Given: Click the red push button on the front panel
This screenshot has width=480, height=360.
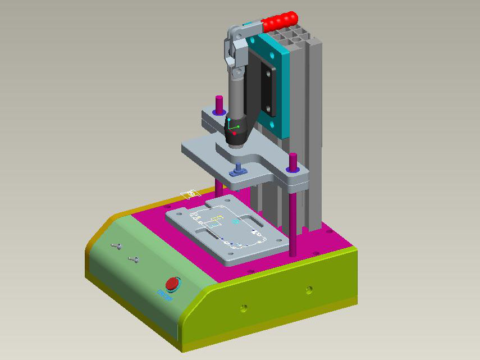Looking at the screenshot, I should pos(171,283).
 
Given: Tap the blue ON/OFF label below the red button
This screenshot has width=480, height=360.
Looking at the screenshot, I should pos(163,293).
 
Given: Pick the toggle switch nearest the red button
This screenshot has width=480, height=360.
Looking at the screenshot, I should pos(134,259).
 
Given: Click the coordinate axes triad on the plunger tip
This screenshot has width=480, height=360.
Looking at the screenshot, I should pos(234,127).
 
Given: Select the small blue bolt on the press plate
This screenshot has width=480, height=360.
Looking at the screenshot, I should pos(238,169).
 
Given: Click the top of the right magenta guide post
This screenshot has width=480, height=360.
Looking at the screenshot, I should pos(293,156).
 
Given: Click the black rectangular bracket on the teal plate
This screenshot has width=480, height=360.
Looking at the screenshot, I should pos(269,90).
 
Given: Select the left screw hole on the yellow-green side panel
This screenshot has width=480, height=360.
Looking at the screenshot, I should pos(243,307).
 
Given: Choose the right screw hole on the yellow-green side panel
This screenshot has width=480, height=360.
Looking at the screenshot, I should pos(309,289).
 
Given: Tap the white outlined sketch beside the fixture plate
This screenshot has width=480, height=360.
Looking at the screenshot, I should pos(189,194).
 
